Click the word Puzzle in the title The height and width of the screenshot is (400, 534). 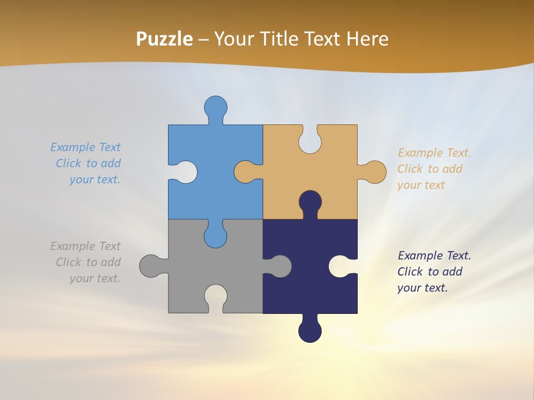tap(164, 39)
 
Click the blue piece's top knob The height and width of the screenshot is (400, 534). tap(216, 107)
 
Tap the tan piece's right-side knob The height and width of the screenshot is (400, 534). tap(374, 172)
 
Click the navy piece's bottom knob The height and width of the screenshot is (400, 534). tap(310, 331)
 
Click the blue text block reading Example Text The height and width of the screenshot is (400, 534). tap(87, 163)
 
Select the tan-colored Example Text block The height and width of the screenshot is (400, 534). tap(434, 169)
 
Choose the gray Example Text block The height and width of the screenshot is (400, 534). tap(87, 262)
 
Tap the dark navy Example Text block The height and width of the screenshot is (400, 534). tap(434, 272)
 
